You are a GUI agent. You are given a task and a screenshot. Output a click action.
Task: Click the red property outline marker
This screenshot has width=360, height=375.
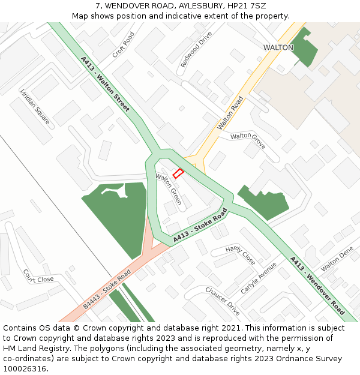[178, 173]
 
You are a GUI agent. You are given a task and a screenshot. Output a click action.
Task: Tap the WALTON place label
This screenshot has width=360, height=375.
[278, 47]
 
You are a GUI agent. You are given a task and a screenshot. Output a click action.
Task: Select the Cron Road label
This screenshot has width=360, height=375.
[123, 45]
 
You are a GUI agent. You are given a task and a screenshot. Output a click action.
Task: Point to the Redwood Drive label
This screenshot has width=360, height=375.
[197, 49]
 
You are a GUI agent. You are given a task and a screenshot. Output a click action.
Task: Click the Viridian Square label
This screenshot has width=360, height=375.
[35, 107]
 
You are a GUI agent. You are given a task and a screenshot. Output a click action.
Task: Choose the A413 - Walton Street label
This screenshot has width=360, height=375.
[105, 84]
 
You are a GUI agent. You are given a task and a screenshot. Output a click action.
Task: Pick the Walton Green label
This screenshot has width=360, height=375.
[169, 188]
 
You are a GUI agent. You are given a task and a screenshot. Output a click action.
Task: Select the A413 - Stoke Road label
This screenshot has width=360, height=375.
[200, 226]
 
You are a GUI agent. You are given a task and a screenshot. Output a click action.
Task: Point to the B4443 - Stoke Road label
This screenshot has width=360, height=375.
[107, 289]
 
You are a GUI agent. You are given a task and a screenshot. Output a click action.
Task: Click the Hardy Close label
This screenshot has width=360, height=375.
[240, 255]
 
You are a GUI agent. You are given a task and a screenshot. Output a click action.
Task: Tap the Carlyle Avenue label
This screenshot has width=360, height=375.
[259, 278]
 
